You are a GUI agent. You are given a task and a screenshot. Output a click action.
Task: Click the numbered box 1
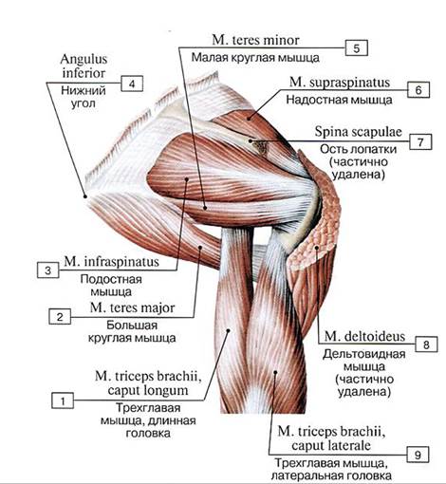coord(63,400)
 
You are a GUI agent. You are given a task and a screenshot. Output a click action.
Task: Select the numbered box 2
coord(60,316)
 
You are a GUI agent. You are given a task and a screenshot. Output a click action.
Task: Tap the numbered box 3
coord(48,270)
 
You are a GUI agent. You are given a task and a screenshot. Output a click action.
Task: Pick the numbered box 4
coord(132,84)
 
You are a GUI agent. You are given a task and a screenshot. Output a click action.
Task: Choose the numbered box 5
coord(357,48)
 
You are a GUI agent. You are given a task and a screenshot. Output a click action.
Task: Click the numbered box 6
coord(418,90)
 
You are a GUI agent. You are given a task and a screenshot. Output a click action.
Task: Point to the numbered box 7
coord(420,141)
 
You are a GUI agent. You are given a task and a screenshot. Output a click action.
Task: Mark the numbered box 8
coord(426,344)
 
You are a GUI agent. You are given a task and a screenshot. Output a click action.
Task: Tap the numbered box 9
coord(418,455)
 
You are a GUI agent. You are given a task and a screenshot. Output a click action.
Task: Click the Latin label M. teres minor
coord(255,40)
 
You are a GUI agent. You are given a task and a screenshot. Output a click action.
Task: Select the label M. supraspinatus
coord(340,83)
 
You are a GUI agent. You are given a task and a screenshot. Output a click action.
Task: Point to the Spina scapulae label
coord(358,132)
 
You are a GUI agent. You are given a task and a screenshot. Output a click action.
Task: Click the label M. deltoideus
coord(364,336)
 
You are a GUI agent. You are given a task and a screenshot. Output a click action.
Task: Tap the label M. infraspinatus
coord(111,262)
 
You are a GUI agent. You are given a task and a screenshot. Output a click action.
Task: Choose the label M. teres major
coord(132,307)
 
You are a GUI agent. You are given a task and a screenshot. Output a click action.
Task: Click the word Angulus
coord(84,59)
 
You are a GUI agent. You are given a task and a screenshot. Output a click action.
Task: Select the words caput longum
coord(148,390)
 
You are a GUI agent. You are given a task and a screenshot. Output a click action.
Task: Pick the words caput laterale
coord(331,445)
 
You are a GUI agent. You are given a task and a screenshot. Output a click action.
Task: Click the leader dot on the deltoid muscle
coord(316,248)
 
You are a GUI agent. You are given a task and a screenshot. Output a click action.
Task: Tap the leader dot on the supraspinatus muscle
coord(249,120)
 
